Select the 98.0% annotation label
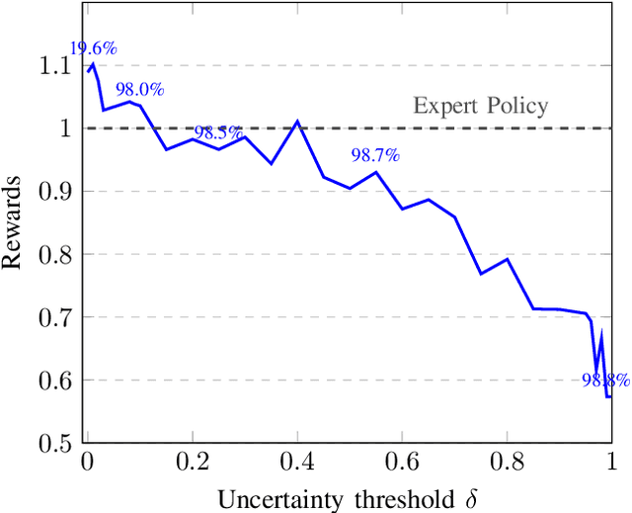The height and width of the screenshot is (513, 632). (x=139, y=90)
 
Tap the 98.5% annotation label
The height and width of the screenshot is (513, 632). (x=218, y=132)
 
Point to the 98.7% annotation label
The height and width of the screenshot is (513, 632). (x=375, y=155)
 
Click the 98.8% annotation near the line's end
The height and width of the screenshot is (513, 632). (x=604, y=380)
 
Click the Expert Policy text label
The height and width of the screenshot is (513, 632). (x=480, y=107)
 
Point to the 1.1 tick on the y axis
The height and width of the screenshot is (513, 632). (x=57, y=65)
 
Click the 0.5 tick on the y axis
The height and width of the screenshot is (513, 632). (x=57, y=443)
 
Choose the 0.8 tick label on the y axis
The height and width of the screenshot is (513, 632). (x=57, y=254)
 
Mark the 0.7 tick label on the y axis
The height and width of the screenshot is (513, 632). (x=57, y=317)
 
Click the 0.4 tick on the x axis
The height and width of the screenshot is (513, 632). (x=297, y=461)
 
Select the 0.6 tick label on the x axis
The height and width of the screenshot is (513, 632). (x=402, y=461)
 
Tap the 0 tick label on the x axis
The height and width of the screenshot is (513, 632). (x=87, y=461)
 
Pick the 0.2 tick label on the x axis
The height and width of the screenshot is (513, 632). (x=193, y=461)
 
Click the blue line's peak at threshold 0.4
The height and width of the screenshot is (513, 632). (x=297, y=122)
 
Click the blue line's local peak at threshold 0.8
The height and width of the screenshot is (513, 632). (x=507, y=259)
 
